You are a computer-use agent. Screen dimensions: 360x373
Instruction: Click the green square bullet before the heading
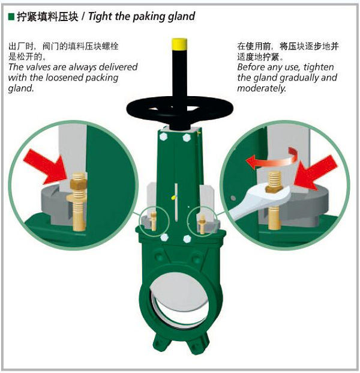pos(11,17)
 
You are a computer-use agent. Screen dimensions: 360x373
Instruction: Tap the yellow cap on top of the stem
pos(179,43)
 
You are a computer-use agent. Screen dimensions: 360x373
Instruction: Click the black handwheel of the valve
pos(179,109)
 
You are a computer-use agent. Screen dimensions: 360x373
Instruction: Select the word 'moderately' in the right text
pos(261,88)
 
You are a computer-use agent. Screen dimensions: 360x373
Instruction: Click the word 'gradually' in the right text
pos(299,78)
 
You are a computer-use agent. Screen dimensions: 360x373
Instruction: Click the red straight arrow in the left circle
pos(45,167)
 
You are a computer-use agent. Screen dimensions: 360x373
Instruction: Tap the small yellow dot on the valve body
pos(173,198)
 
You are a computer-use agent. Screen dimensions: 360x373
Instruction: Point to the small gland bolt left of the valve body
pos(154,221)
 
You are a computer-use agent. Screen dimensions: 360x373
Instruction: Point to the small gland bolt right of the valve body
pos(202,224)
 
